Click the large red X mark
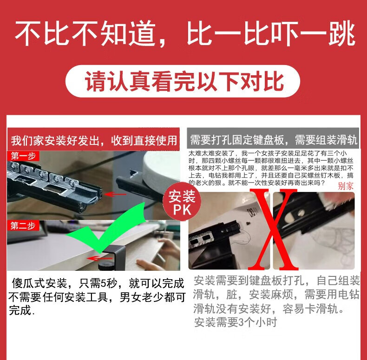pyautogui.click(x=273, y=229)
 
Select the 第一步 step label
pyautogui.click(x=23, y=156)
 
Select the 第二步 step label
pyautogui.click(x=23, y=226)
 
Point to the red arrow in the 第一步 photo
pyautogui.click(x=115, y=194)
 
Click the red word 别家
pyautogui.click(x=346, y=186)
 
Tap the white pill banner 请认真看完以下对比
pyautogui.click(x=183, y=81)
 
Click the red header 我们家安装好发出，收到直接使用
pyautogui.click(x=93, y=140)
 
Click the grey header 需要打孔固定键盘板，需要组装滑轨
pyautogui.click(x=273, y=140)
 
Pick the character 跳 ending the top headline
pyautogui.click(x=342, y=33)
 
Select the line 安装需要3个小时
pyautogui.click(x=236, y=322)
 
